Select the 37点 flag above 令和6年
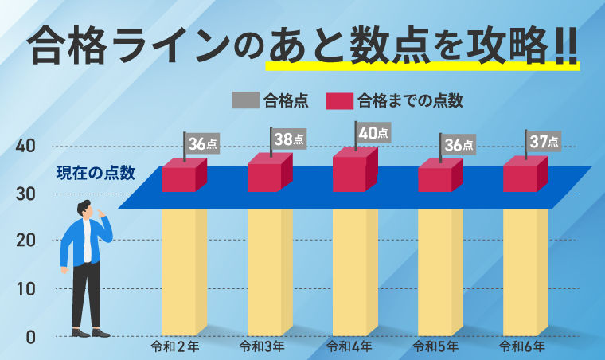(x=544, y=142)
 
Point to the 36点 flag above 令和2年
(x=202, y=144)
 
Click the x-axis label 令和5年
(x=437, y=346)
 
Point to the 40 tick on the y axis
(x=25, y=147)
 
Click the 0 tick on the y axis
(x=30, y=337)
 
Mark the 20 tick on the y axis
(x=25, y=241)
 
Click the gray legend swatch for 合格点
(x=245, y=100)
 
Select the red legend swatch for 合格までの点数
(x=340, y=100)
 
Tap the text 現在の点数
(x=96, y=172)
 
